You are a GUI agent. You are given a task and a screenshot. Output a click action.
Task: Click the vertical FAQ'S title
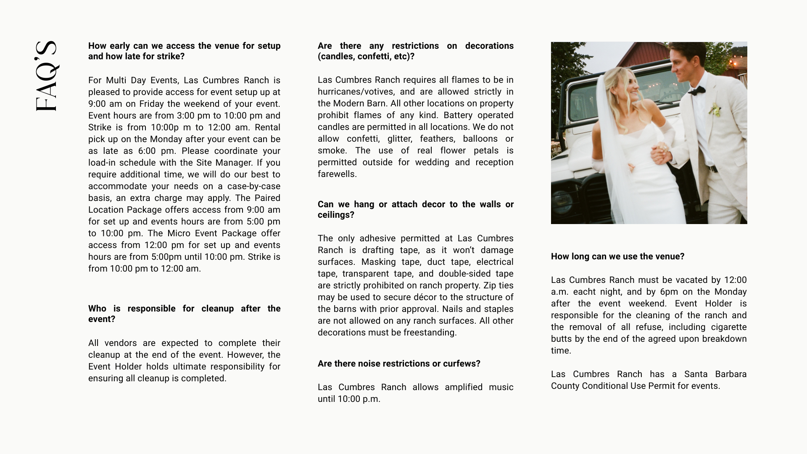coord(46,76)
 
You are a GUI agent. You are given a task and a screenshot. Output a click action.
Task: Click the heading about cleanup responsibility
coord(184,314)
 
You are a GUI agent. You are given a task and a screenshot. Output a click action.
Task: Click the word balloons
coord(479,139)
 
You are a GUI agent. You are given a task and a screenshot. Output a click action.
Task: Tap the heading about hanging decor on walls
coord(415,209)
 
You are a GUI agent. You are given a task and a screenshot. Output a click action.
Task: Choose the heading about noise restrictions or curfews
coord(398,364)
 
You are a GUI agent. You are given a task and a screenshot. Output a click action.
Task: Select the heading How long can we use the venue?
coord(617,256)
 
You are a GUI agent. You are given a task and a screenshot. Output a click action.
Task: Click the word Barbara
coord(731,374)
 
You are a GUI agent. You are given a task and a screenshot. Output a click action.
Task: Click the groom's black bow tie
coord(696,90)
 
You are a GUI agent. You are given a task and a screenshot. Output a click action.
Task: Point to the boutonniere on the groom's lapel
coord(715,110)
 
